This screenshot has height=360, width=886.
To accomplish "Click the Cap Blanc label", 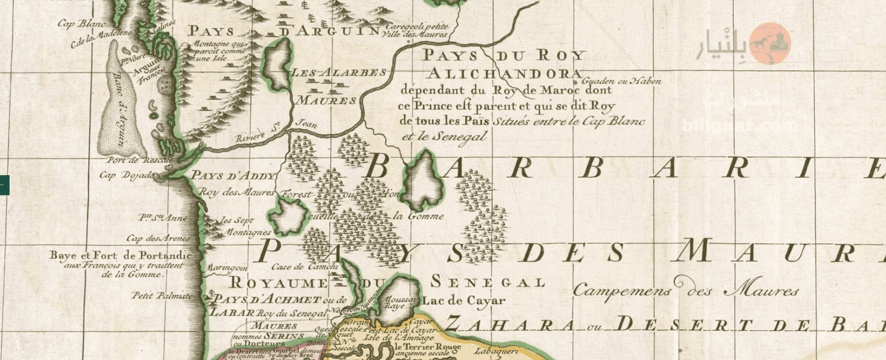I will click(82, 24).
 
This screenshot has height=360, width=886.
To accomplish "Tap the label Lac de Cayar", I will click(464, 301).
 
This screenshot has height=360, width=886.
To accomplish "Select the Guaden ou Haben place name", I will click(621, 81).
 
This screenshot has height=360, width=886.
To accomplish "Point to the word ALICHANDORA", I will click(504, 74).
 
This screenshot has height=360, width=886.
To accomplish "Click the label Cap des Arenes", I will click(158, 239).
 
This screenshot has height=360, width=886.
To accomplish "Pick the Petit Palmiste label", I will click(162, 296).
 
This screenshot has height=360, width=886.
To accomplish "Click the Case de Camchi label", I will click(305, 267).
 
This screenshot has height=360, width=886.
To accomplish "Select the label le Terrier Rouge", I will click(427, 347).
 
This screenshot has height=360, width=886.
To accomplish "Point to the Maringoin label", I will click(227, 269).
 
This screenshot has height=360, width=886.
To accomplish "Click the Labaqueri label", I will click(496, 351).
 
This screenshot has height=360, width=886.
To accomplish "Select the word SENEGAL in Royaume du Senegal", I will click(488, 282).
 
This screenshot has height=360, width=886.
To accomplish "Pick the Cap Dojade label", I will click(123, 176).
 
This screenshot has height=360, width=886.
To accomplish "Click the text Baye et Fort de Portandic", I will click(120, 255).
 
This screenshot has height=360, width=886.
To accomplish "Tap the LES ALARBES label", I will click(339, 73).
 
